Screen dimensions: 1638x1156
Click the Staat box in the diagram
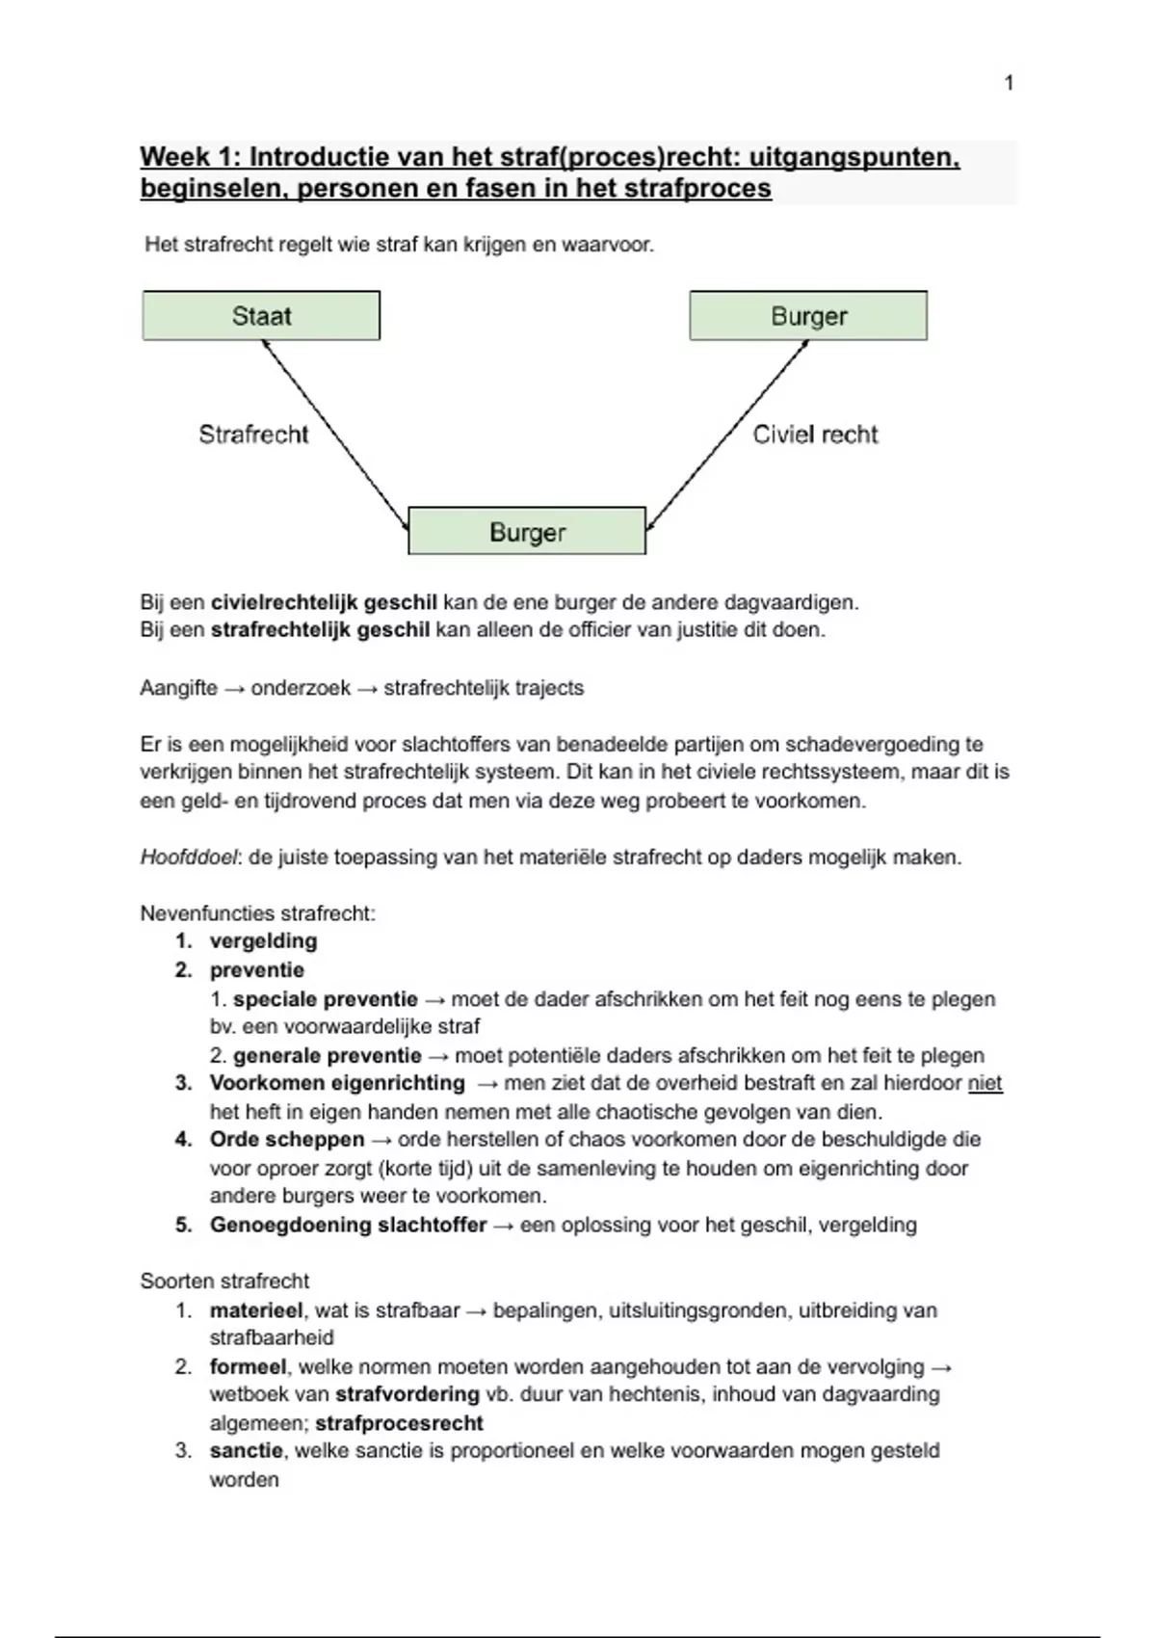pos(261,316)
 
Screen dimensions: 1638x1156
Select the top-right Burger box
pos(808,316)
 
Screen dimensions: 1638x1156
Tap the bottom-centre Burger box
pos(527,532)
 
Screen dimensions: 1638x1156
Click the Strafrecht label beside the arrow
pos(253,435)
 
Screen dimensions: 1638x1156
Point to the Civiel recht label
pos(815,435)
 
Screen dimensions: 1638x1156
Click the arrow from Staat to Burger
pos(335,435)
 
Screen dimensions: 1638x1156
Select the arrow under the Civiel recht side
pos(727,435)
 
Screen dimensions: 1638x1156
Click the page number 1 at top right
pos(1009,84)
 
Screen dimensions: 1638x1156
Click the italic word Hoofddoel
pos(189,858)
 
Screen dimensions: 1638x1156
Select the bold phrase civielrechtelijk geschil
pos(324,603)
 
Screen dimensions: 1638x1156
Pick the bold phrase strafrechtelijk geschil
pos(320,631)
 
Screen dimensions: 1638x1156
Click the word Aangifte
pos(179,689)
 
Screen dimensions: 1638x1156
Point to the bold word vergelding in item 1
pos(263,941)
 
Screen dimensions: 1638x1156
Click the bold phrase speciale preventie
pos(326,999)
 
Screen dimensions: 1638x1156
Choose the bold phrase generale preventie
pos(328,1056)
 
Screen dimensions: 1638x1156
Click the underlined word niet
pos(985,1084)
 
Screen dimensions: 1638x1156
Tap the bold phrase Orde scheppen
pos(287,1140)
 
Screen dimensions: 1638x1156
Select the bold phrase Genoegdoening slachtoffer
pos(349,1226)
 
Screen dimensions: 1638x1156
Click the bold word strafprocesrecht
pos(399,1423)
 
